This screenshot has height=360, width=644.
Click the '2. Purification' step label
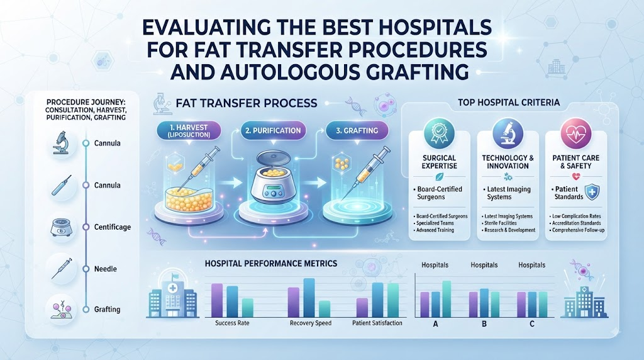(x=273, y=131)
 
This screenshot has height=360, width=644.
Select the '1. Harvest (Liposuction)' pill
(x=189, y=131)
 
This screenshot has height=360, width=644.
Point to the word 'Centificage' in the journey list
(x=113, y=227)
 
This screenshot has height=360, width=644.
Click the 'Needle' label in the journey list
(x=106, y=269)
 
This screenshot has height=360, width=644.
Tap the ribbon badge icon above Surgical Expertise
(x=440, y=133)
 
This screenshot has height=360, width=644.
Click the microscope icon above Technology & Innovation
(x=508, y=133)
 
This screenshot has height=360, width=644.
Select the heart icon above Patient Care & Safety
(x=576, y=133)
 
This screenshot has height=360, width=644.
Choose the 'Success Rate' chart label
(x=232, y=323)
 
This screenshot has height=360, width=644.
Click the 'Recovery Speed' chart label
(x=311, y=323)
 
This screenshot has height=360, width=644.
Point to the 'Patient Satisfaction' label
(x=377, y=323)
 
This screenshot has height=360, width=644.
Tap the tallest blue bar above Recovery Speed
(x=309, y=298)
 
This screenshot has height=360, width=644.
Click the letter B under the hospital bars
(x=484, y=324)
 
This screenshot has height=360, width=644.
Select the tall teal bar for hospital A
(x=447, y=299)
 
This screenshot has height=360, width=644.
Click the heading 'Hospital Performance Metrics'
(x=270, y=264)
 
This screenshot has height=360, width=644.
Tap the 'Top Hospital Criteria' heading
(x=509, y=103)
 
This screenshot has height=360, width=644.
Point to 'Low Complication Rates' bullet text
(x=576, y=216)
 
